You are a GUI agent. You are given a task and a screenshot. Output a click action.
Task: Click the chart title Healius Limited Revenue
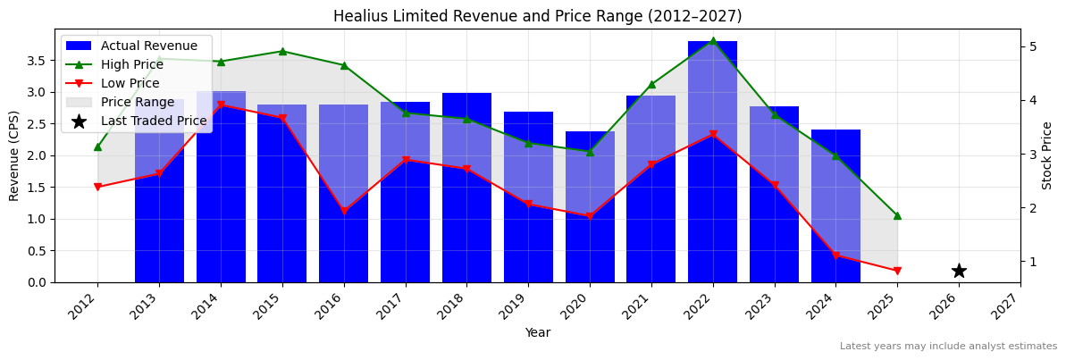(537, 16)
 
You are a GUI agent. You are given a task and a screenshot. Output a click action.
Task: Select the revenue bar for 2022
(712, 162)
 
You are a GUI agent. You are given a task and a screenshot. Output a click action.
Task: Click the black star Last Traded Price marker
(959, 271)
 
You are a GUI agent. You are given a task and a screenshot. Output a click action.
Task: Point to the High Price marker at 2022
(712, 40)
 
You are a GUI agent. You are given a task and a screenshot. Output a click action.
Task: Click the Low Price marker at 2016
(344, 212)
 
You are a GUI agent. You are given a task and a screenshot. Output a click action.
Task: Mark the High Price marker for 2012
(97, 147)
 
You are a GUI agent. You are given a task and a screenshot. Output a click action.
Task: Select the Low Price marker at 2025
(897, 271)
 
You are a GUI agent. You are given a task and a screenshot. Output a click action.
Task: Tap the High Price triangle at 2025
(897, 215)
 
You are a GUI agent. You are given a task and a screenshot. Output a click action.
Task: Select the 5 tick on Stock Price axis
(1033, 46)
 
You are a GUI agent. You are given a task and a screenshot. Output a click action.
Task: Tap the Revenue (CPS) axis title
(14, 155)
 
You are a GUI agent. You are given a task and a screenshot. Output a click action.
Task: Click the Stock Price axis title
(1047, 155)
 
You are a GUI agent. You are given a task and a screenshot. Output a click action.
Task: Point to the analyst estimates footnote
(948, 347)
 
